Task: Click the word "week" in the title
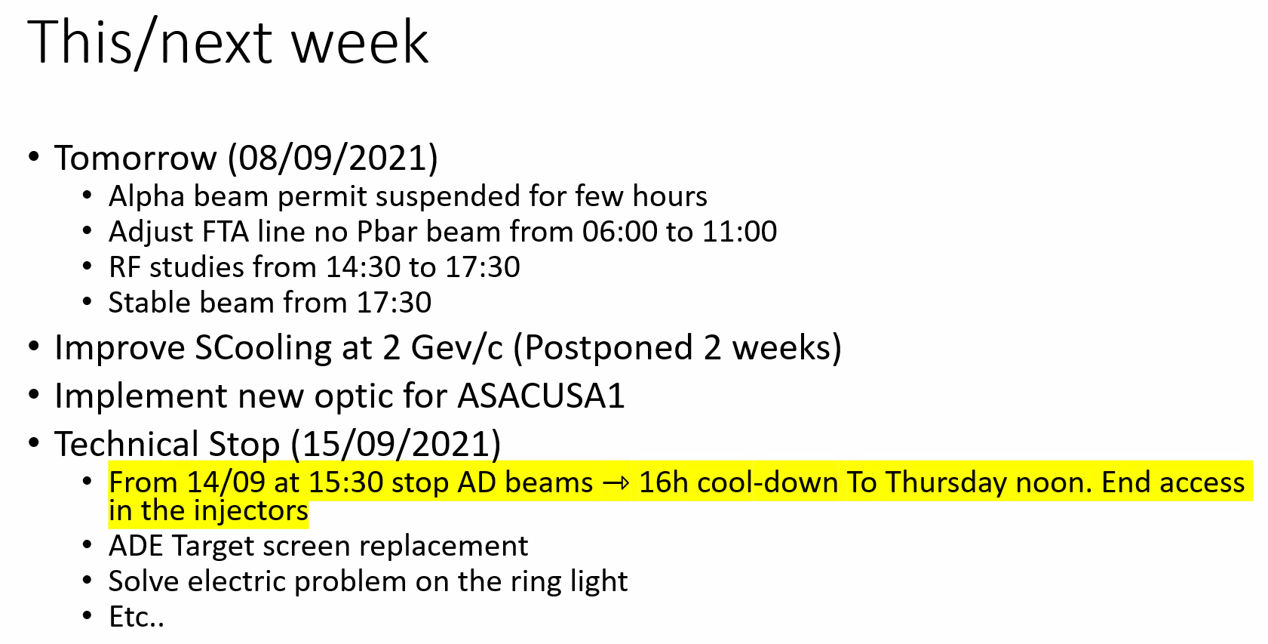pos(360,42)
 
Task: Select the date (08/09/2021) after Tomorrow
pos(333,158)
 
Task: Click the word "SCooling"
pos(263,348)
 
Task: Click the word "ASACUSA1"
pos(541,396)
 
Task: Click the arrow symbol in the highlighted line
pos(616,483)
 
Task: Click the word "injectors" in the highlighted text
pos(250,511)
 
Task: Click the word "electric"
pos(236,581)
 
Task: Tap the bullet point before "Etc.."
pos(87,615)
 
